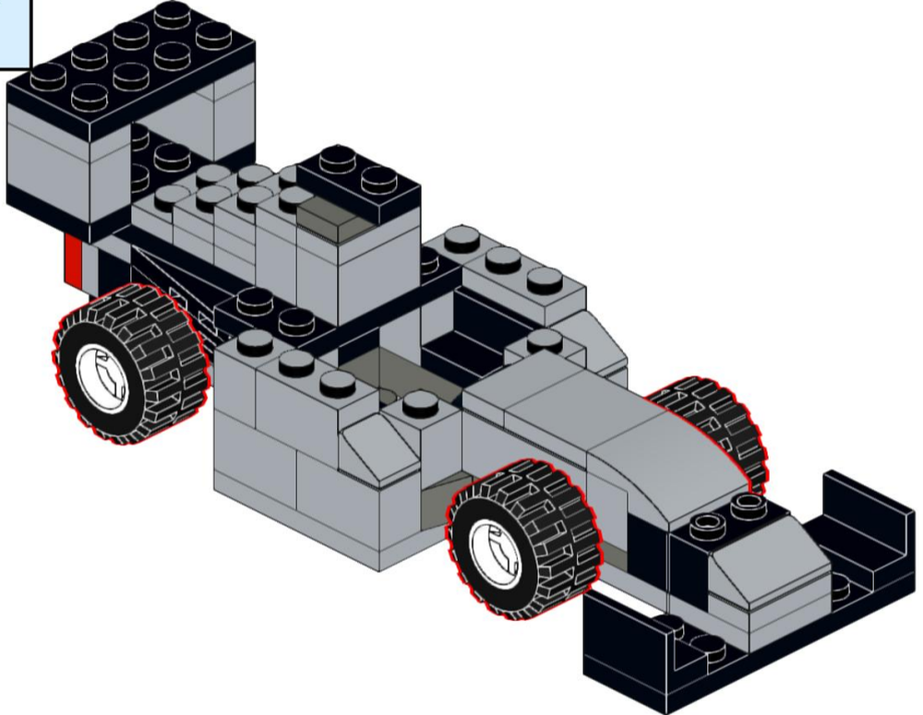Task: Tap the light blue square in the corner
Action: coord(14,32)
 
